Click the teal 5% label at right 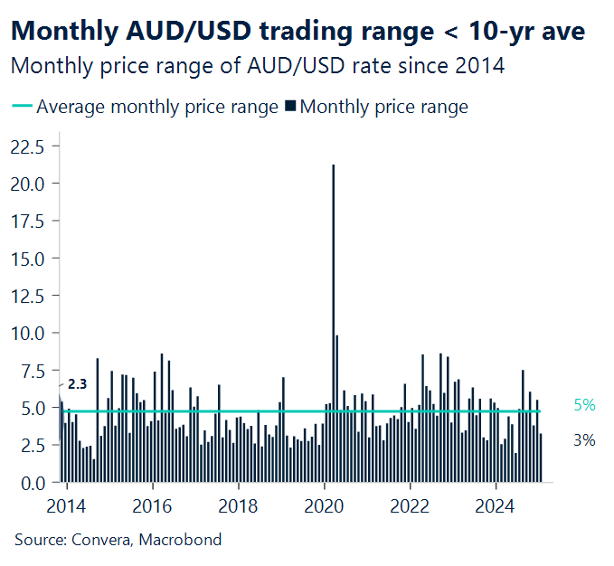(x=584, y=405)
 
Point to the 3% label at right (x=584, y=440)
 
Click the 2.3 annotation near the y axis (x=78, y=384)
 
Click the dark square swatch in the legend (x=290, y=107)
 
